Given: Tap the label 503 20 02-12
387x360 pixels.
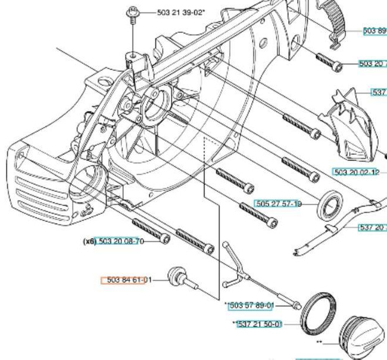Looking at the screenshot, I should click(x=355, y=172).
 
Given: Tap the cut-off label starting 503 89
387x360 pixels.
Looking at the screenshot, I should click(x=374, y=31).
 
